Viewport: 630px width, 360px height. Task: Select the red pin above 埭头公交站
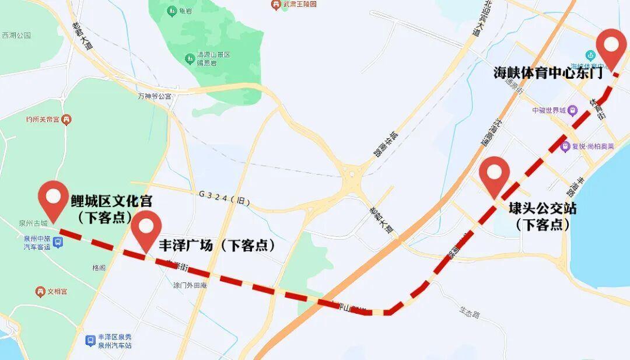pyautogui.click(x=494, y=173)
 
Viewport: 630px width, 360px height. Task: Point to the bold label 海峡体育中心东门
pyautogui.click(x=548, y=74)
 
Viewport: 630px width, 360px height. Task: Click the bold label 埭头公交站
pyautogui.click(x=542, y=208)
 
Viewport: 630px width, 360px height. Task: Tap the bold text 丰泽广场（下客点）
pyautogui.click(x=217, y=245)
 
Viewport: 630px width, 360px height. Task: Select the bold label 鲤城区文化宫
pyautogui.click(x=111, y=201)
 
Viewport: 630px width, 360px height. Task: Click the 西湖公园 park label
pyautogui.click(x=16, y=36)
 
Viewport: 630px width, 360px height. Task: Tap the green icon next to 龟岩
pyautogui.click(x=172, y=11)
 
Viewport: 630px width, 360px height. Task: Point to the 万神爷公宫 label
pyautogui.click(x=155, y=96)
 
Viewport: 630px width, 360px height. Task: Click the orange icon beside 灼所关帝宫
pyautogui.click(x=66, y=120)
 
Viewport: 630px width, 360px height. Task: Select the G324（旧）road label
pyautogui.click(x=224, y=201)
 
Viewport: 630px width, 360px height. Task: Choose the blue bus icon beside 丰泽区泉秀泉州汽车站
pyautogui.click(x=90, y=340)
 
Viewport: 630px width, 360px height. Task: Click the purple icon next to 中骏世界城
pyautogui.click(x=573, y=110)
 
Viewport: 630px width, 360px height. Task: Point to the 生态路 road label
pyautogui.click(x=469, y=314)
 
